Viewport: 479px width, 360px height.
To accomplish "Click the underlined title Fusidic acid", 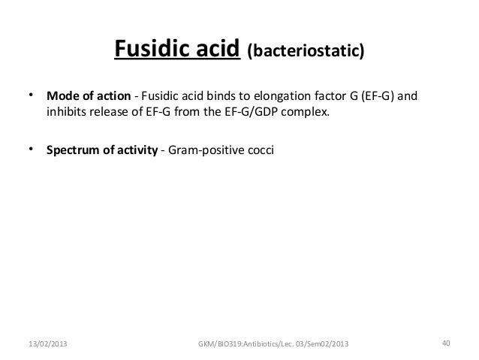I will point(177,50).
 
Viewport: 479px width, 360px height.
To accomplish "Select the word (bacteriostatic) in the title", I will point(306,53).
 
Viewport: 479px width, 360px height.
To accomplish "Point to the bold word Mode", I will point(62,98).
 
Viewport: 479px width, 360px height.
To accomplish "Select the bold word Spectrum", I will point(73,150).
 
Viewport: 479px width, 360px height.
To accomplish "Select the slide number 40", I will point(446,343).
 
